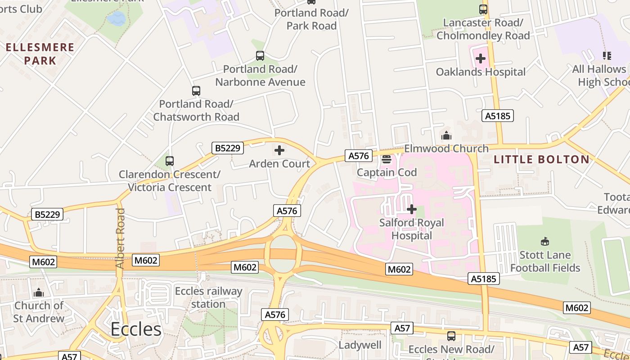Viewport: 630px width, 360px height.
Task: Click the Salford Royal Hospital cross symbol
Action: [x=411, y=209]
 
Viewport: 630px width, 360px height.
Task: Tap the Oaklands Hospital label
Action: [x=481, y=72]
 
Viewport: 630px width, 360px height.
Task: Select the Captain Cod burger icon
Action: [x=387, y=159]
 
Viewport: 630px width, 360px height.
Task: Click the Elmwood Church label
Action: [x=446, y=148]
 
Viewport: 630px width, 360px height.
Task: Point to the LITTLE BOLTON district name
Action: [x=541, y=159]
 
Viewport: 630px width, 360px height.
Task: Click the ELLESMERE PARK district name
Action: [x=40, y=54]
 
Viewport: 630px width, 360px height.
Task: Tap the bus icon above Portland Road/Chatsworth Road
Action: [x=196, y=91]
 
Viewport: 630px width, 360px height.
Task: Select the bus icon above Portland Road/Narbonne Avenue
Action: [x=260, y=56]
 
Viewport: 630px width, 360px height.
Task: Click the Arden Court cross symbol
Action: [x=279, y=150]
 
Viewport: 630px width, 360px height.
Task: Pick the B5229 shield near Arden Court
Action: [x=228, y=148]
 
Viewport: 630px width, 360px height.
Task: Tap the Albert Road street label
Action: [x=120, y=238]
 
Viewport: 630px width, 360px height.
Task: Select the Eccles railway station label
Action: [x=208, y=297]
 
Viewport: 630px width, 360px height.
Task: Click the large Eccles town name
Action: [x=136, y=329]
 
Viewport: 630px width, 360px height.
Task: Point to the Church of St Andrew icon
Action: [x=39, y=292]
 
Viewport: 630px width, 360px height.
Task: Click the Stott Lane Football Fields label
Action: [x=545, y=261]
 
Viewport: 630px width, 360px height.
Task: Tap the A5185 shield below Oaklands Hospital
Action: [x=498, y=116]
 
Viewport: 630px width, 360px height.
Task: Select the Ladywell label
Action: [x=360, y=345]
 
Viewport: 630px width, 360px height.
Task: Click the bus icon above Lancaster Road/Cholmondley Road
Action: [x=483, y=9]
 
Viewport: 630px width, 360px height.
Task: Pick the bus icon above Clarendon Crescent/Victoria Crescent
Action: [x=170, y=161]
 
